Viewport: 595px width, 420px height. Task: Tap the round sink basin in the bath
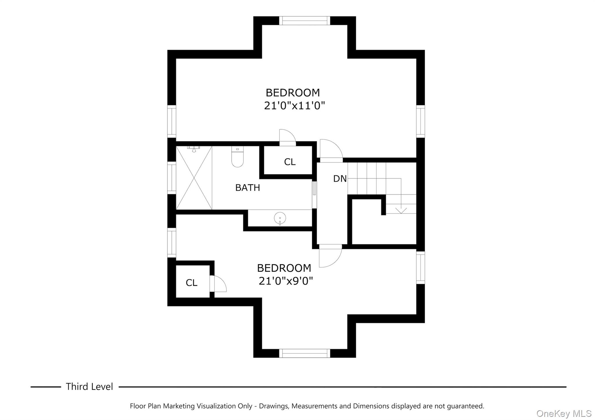[280, 218]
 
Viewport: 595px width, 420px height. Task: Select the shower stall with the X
[194, 178]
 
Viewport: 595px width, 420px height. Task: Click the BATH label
[248, 188]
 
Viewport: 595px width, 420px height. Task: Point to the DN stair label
[340, 179]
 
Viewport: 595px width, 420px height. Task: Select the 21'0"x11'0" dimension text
[294, 106]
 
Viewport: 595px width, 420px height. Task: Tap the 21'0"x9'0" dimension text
[286, 281]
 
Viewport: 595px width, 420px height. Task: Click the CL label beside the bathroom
[290, 162]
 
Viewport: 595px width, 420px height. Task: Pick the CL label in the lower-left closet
[191, 283]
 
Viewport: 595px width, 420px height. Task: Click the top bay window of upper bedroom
[304, 21]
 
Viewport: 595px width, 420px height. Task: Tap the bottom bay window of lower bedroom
[304, 353]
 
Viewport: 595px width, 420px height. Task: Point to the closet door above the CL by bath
[287, 137]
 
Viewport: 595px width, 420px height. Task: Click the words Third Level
[89, 387]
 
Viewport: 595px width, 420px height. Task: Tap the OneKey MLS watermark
[564, 413]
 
